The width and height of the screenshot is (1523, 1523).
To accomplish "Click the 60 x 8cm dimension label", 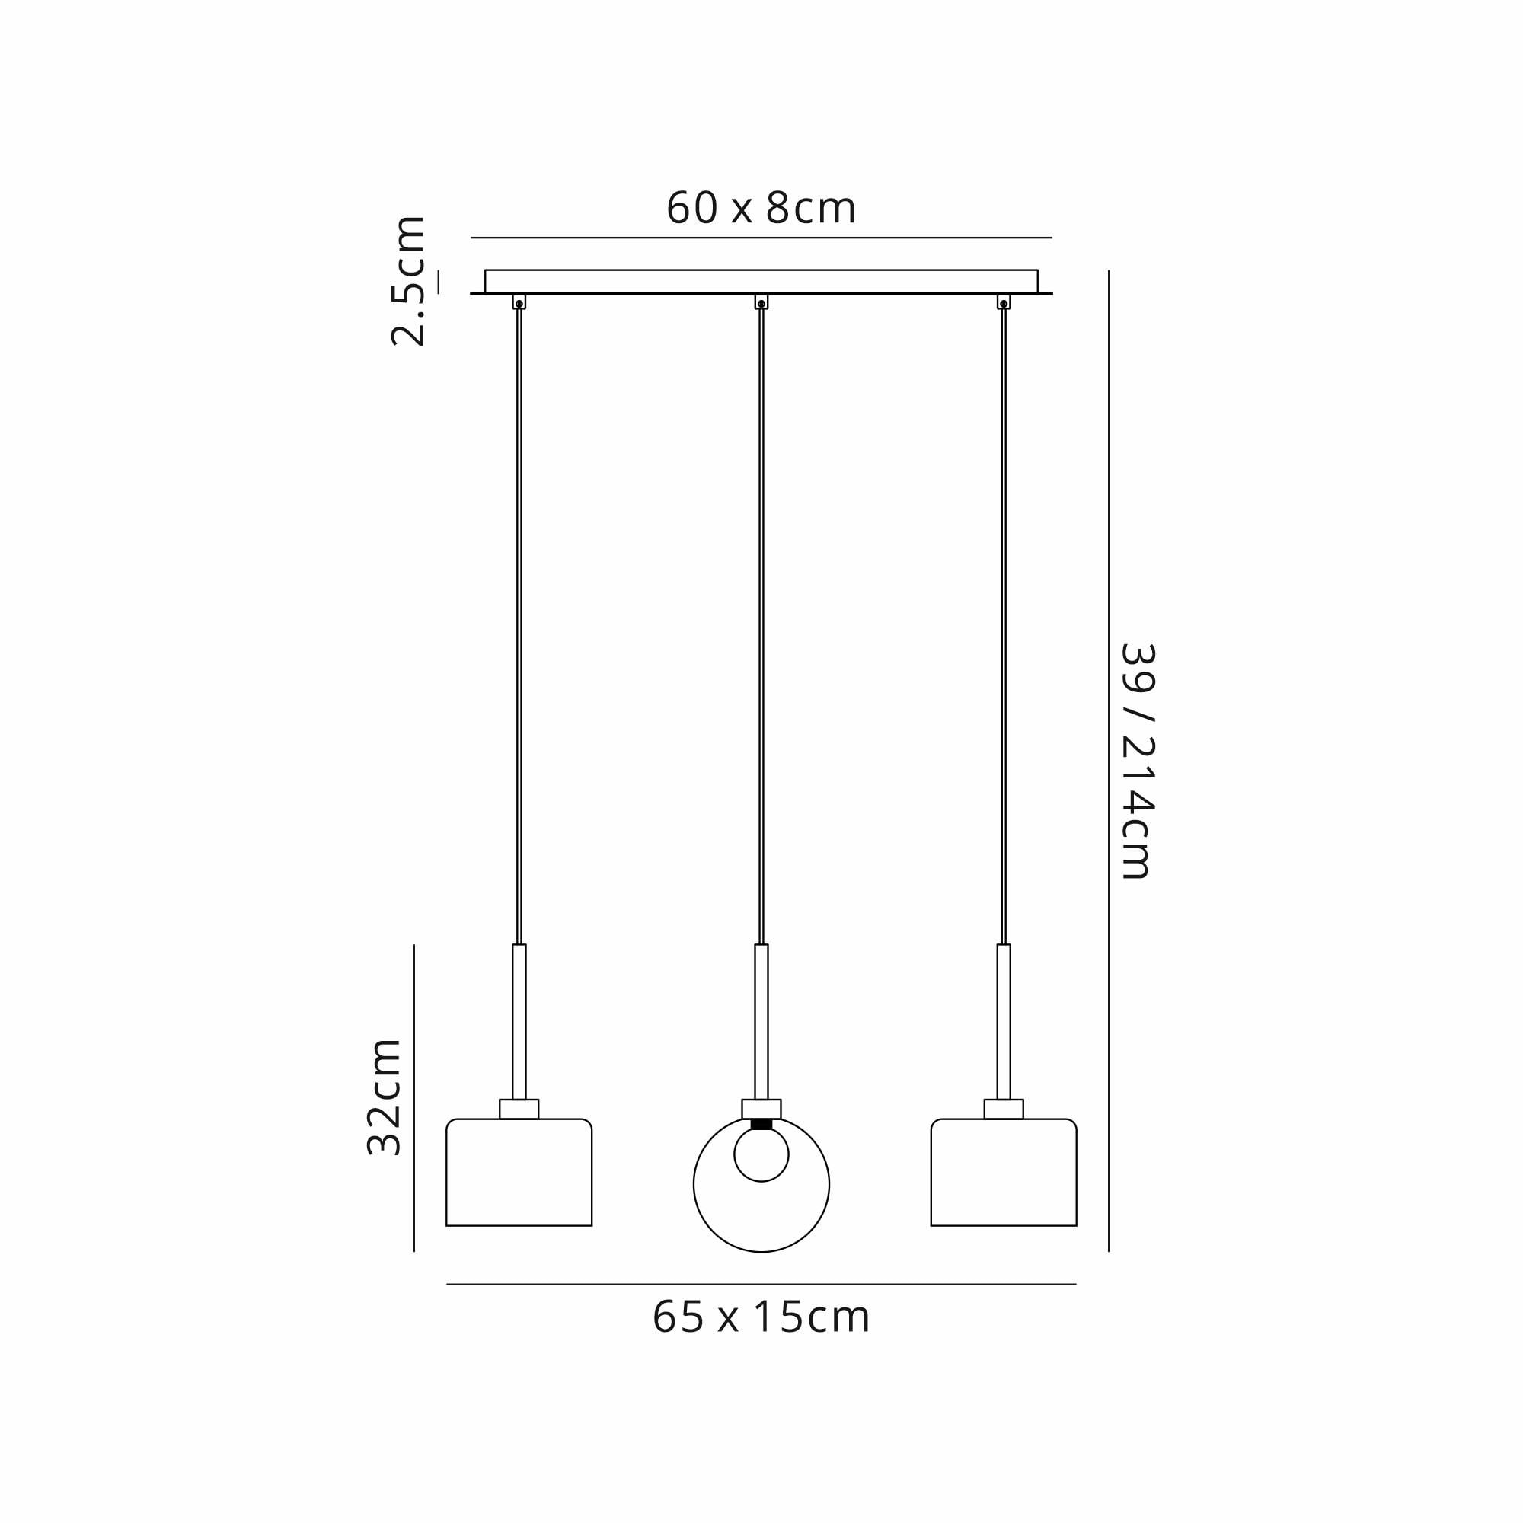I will (761, 208).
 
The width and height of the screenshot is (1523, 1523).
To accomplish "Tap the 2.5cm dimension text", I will (408, 281).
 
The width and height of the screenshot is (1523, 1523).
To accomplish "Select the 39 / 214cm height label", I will (1138, 761).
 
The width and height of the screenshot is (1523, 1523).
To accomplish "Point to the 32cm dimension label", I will (385, 1097).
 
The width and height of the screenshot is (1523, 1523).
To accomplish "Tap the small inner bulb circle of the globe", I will (761, 1155).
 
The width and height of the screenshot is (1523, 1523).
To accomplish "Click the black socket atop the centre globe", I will (761, 1124).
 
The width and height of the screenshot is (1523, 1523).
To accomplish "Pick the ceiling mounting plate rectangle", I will (761, 282).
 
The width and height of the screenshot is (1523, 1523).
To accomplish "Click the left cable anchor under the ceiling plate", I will (519, 302).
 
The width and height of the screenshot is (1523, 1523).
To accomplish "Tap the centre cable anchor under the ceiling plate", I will (761, 302).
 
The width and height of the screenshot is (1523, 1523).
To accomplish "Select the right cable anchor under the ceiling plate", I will (1004, 302).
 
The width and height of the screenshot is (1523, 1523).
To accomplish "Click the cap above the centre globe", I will (761, 1108).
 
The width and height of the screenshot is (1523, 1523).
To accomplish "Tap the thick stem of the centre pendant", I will (761, 1021).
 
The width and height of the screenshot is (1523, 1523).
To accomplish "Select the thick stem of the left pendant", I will (519, 1021).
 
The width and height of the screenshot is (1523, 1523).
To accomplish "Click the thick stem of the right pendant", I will (1004, 1021).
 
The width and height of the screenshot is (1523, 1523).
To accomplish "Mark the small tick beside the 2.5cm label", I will (439, 282).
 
